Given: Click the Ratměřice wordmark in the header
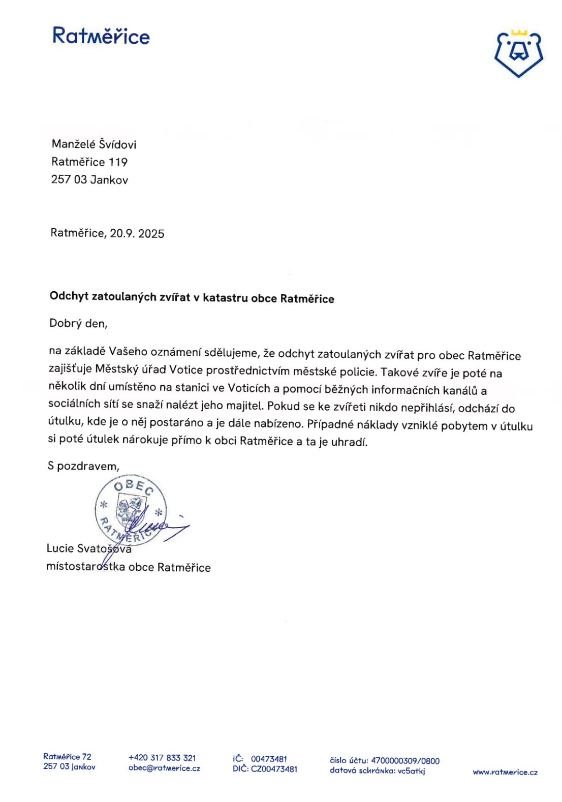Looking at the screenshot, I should pyautogui.click(x=101, y=36).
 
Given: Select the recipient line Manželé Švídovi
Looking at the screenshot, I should pyautogui.click(x=94, y=144).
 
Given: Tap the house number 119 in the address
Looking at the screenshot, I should pyautogui.click(x=118, y=162).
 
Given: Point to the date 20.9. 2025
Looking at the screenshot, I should pyautogui.click(x=137, y=234).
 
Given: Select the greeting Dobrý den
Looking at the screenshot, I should pyautogui.click(x=78, y=323).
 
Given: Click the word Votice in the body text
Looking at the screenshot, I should pyautogui.click(x=186, y=370).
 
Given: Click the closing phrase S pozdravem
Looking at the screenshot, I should pyautogui.click(x=83, y=466).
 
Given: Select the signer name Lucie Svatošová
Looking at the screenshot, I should pyautogui.click(x=89, y=548).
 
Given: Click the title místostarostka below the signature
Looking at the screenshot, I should pyautogui.click(x=86, y=566).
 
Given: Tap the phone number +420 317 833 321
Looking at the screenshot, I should pyautogui.click(x=162, y=758).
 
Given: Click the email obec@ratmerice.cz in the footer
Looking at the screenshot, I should pyautogui.click(x=164, y=768).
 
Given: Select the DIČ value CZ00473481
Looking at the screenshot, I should pyautogui.click(x=274, y=769).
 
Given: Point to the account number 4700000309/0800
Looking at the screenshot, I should pyautogui.click(x=405, y=761).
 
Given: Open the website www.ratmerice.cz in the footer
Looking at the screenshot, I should pyautogui.click(x=505, y=772).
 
